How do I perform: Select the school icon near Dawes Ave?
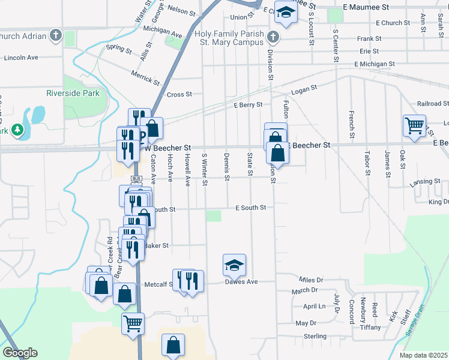[x=234, y=265]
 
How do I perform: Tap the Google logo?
[x=20, y=353]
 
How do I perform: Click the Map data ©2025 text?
[x=424, y=355]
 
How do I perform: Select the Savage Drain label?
[x=414, y=323]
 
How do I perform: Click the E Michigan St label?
[x=374, y=64]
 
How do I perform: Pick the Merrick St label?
[x=146, y=77]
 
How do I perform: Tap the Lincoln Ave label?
[x=20, y=58]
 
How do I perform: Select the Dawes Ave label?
[x=241, y=282]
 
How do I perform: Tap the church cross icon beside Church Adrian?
[x=56, y=35]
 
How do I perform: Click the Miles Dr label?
[x=311, y=280]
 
